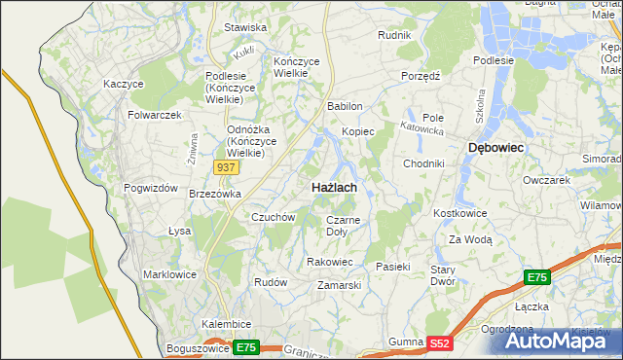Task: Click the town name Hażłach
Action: click(x=333, y=186)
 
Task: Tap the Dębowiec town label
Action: click(x=496, y=147)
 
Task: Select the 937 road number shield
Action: click(x=227, y=167)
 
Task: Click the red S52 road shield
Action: click(x=441, y=342)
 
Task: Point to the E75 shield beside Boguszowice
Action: click(x=246, y=347)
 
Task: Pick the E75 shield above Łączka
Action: click(x=537, y=278)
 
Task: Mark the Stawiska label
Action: click(x=245, y=28)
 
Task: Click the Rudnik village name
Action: click(x=395, y=35)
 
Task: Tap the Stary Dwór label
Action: click(x=444, y=274)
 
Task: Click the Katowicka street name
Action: click(x=424, y=127)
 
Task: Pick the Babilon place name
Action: click(x=346, y=106)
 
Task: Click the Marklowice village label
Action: click(x=169, y=274)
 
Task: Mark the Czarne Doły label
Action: click(x=343, y=226)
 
